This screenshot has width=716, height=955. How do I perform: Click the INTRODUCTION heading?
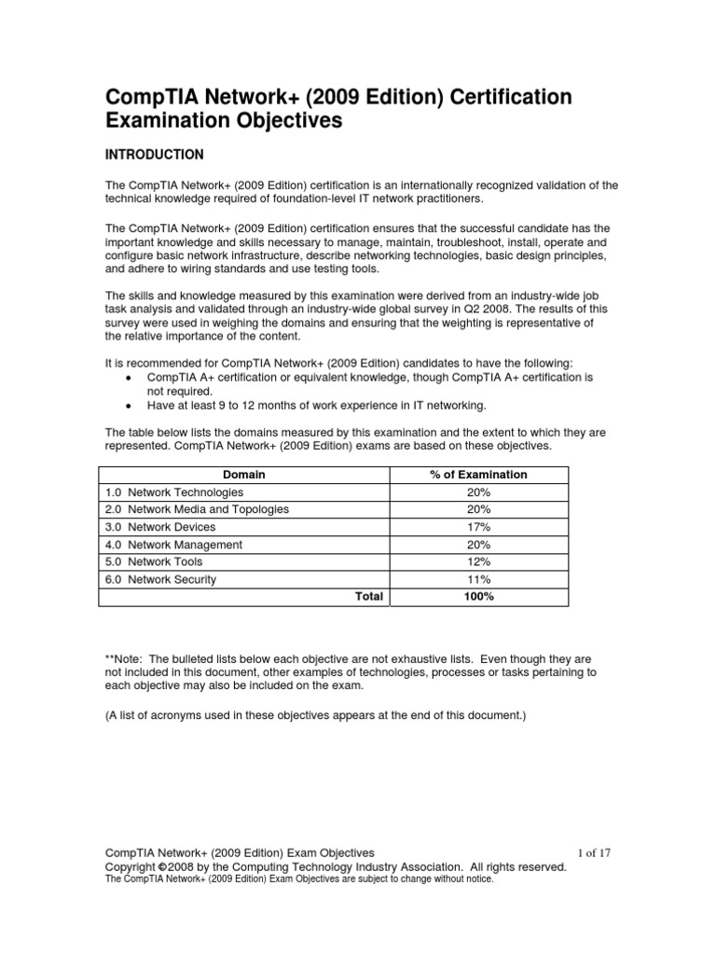click(x=154, y=154)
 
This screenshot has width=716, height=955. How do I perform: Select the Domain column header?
click(x=243, y=475)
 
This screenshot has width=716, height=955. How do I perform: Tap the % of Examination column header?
click(x=478, y=475)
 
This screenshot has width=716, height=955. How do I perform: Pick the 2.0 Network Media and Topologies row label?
click(x=197, y=509)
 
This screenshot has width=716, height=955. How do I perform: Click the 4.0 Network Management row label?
click(x=173, y=545)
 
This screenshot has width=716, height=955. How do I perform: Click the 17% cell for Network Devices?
click(x=478, y=527)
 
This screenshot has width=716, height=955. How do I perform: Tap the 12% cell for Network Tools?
click(x=478, y=561)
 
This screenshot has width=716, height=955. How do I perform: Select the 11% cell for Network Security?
click(x=478, y=579)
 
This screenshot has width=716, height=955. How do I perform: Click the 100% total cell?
click(x=478, y=597)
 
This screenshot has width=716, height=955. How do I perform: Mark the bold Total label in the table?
click(x=368, y=597)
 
